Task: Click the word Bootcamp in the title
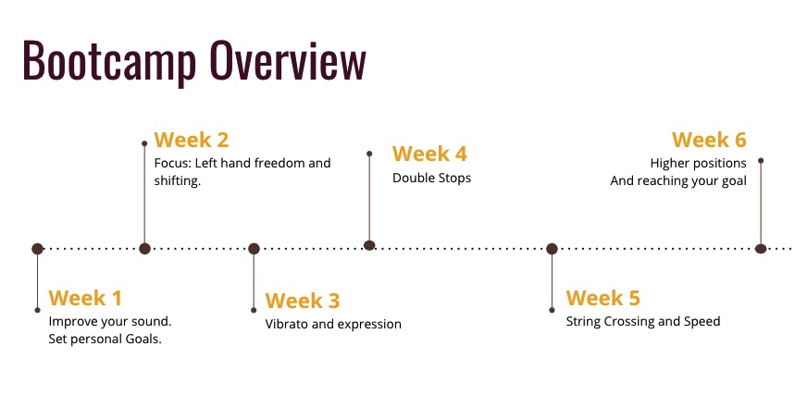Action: pyautogui.click(x=109, y=62)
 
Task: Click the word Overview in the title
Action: pyautogui.click(x=288, y=60)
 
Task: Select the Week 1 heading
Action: pyautogui.click(x=85, y=298)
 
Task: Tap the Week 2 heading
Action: pyautogui.click(x=192, y=140)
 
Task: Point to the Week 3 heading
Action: pyautogui.click(x=303, y=301)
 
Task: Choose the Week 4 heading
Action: pyautogui.click(x=429, y=155)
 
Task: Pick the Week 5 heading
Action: pyautogui.click(x=602, y=298)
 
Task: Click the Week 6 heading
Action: pyautogui.click(x=709, y=140)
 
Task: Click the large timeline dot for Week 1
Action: pyautogui.click(x=38, y=249)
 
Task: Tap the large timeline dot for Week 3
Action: pyautogui.click(x=254, y=249)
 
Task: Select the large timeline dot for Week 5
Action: pyautogui.click(x=553, y=249)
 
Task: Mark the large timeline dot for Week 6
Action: pyautogui.click(x=761, y=249)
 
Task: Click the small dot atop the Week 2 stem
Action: pyautogui.click(x=144, y=143)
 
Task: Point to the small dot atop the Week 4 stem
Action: pyautogui.click(x=369, y=154)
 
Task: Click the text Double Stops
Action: pyautogui.click(x=431, y=178)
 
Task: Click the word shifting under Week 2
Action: pyautogui.click(x=178, y=181)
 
